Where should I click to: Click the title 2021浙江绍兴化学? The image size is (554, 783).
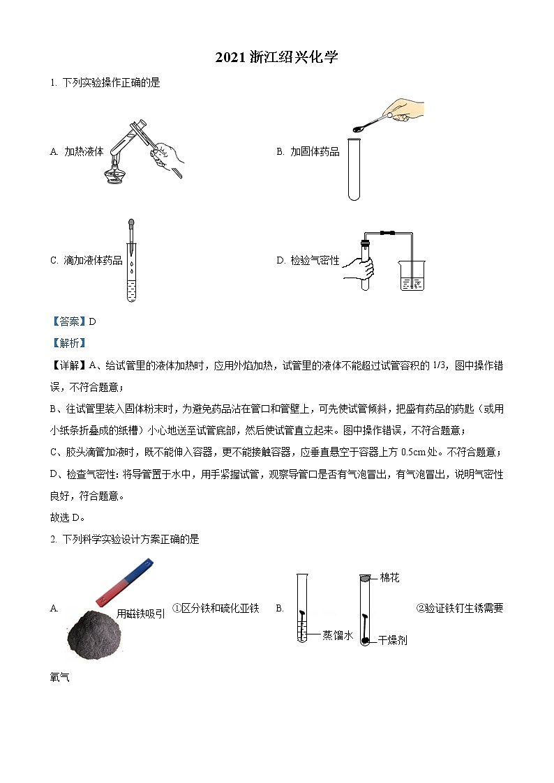[276, 58]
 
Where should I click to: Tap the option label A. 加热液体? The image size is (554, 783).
[77, 151]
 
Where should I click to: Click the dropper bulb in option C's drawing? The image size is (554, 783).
[130, 225]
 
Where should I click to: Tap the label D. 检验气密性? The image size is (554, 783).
[308, 261]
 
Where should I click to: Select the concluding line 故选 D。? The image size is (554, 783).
[68, 517]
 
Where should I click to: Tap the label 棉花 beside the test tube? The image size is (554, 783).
[390, 578]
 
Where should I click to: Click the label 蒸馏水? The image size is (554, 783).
[338, 634]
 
